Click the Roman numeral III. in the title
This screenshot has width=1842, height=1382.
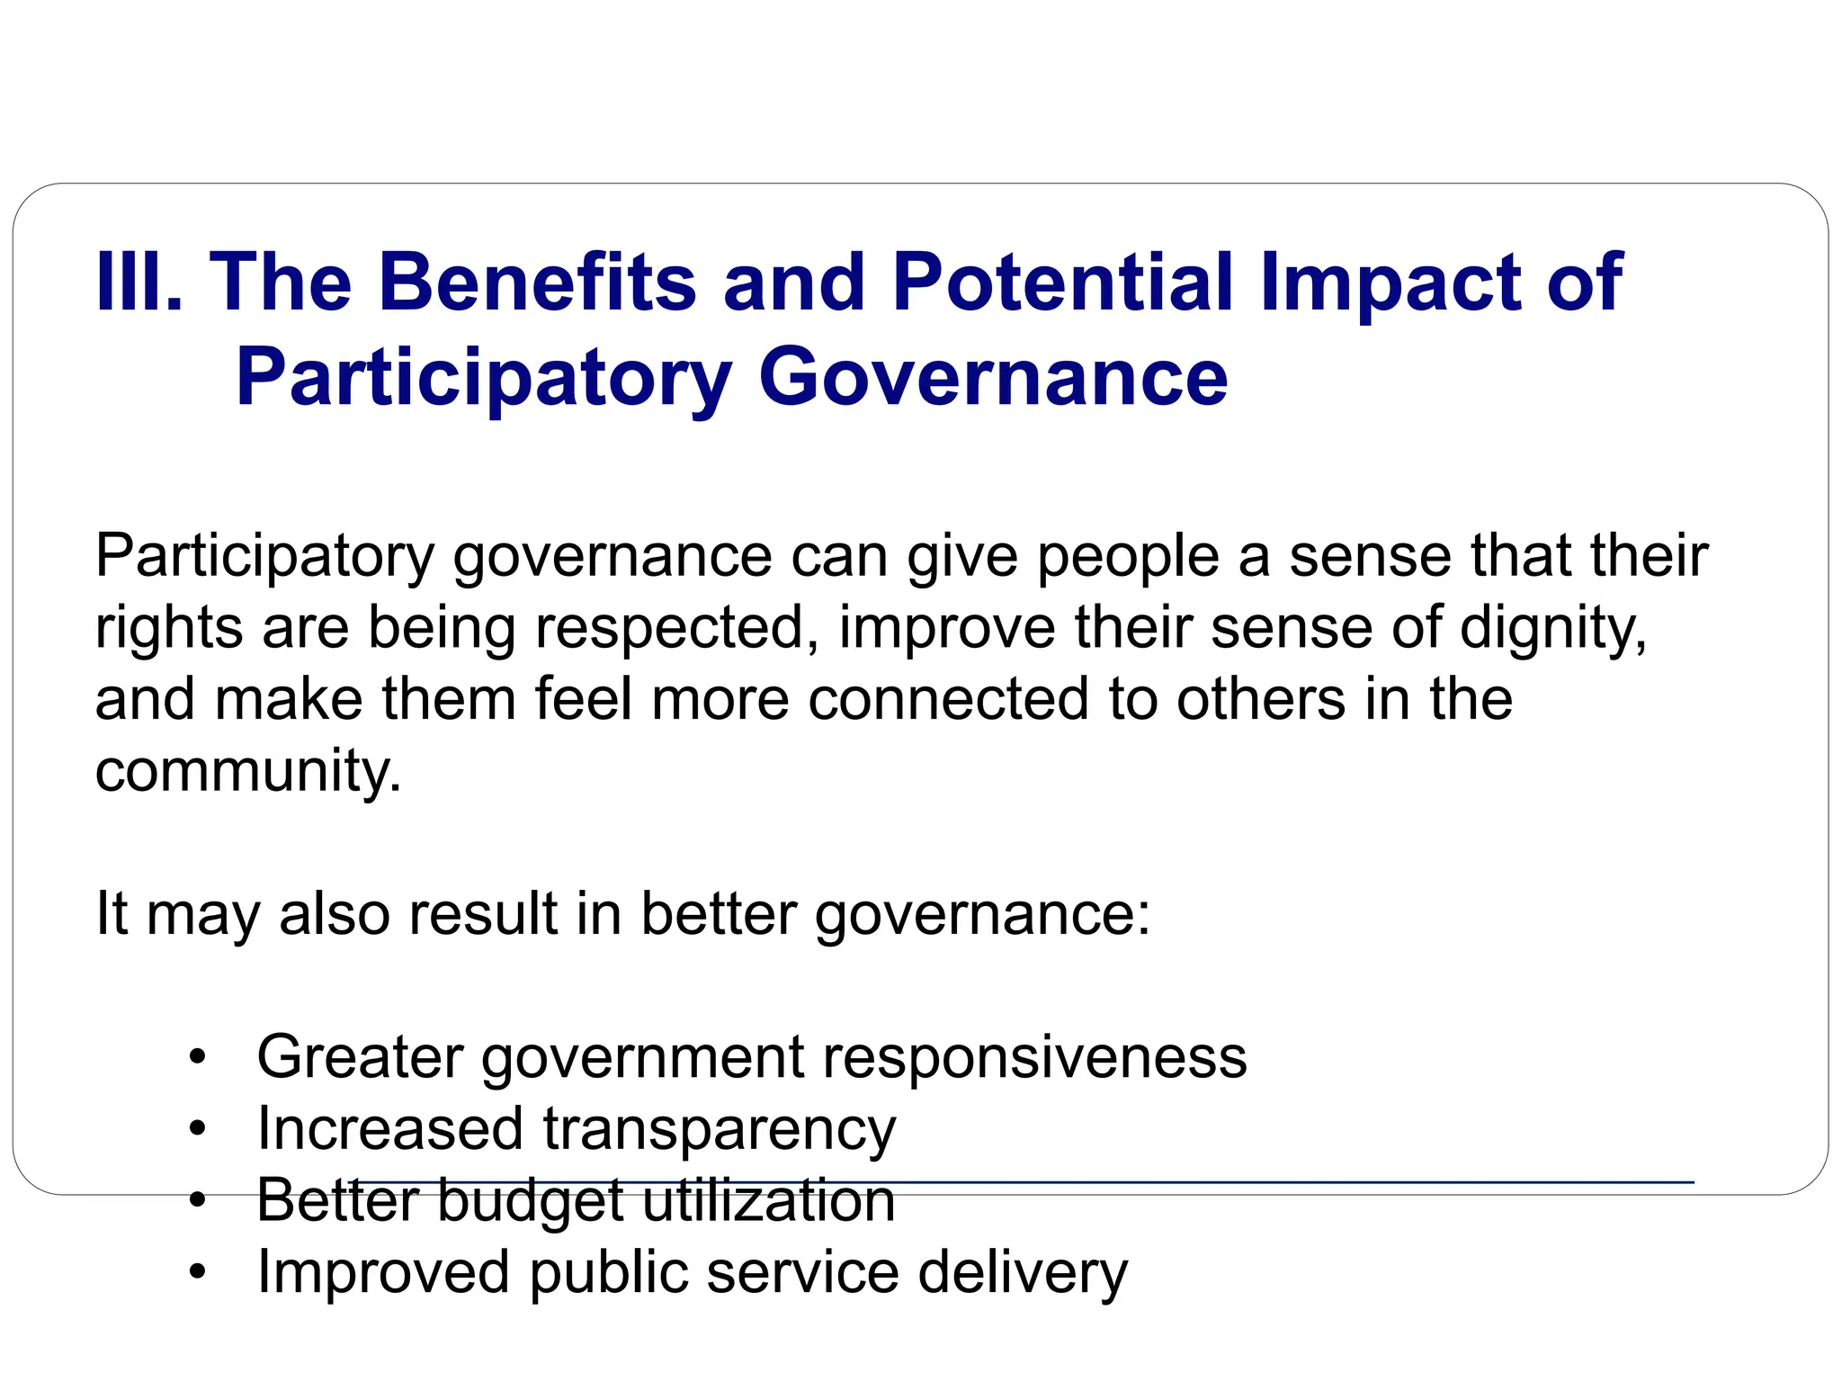tap(139, 283)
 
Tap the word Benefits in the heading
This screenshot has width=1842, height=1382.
tap(538, 283)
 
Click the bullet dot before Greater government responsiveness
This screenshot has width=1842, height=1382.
tap(198, 1058)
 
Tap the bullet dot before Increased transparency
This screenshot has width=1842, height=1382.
tap(198, 1129)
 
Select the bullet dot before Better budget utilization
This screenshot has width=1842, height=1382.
tap(198, 1200)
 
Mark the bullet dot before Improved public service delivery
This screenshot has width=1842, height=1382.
tap(198, 1272)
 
